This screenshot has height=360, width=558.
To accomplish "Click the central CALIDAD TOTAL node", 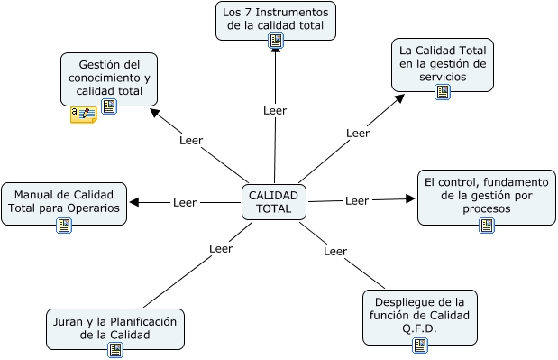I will pyautogui.click(x=274, y=202).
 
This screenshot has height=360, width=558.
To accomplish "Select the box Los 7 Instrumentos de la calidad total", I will pyautogui.click(x=275, y=18).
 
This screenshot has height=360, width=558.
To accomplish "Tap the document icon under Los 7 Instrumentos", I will pyautogui.click(x=276, y=41).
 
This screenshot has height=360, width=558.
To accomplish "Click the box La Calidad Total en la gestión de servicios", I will pyautogui.click(x=442, y=63).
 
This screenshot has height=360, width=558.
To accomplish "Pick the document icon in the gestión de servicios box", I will pyautogui.click(x=443, y=92).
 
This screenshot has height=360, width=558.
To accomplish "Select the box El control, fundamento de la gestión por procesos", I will pyautogui.click(x=486, y=195).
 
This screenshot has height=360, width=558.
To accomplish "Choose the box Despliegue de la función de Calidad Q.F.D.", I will pyautogui.click(x=419, y=314).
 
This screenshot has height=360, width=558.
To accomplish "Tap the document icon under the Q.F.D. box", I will pyautogui.click(x=420, y=346).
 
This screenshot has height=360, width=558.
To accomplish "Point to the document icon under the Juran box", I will pyautogui.click(x=115, y=350).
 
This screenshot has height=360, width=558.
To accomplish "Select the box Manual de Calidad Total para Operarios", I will pyautogui.click(x=63, y=201).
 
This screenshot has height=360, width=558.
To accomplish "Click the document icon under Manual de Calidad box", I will pyautogui.click(x=64, y=226).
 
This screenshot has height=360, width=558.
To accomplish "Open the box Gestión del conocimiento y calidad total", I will pyautogui.click(x=109, y=77).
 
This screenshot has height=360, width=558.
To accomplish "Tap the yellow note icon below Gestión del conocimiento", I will pyautogui.click(x=83, y=115).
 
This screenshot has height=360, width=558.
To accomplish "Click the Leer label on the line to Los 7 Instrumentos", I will pyautogui.click(x=275, y=111).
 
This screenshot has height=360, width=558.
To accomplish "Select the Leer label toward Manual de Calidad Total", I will pyautogui.click(x=185, y=203).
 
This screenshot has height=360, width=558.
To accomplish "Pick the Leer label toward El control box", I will pyautogui.click(x=357, y=200).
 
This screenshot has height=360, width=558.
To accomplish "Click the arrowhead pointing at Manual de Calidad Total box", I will pyautogui.click(x=134, y=203).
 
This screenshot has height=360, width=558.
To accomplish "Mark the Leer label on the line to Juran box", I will pyautogui.click(x=221, y=248).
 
